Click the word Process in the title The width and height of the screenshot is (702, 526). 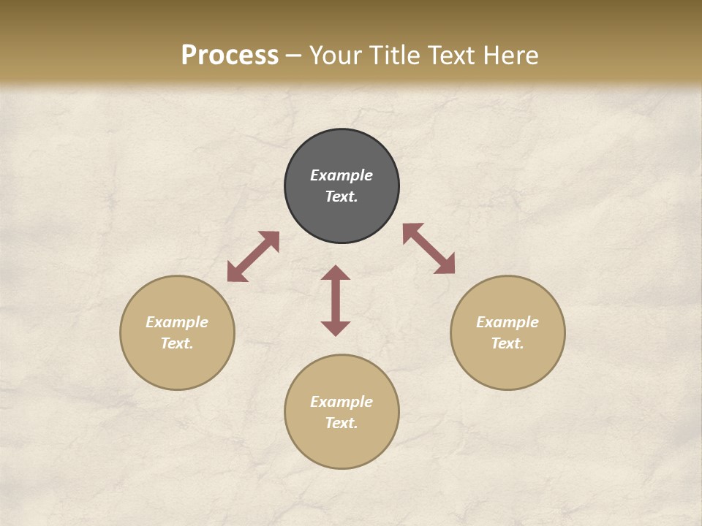pyautogui.click(x=230, y=56)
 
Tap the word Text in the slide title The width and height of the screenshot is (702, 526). pyautogui.click(x=457, y=56)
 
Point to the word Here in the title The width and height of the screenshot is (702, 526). pyautogui.click(x=515, y=56)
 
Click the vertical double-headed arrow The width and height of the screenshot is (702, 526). pyautogui.click(x=336, y=300)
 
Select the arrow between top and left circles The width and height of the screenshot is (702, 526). pyautogui.click(x=253, y=256)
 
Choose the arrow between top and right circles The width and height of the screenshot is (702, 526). pyautogui.click(x=429, y=248)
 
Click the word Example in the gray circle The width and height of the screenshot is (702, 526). pyautogui.click(x=341, y=175)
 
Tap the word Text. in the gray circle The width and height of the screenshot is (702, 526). pyautogui.click(x=341, y=197)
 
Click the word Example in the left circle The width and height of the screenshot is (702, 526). pyautogui.click(x=177, y=322)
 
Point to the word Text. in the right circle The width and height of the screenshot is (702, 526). pyautogui.click(x=507, y=343)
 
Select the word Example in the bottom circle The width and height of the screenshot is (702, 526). pyautogui.click(x=341, y=402)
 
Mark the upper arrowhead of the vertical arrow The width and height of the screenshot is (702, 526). pyautogui.click(x=336, y=273)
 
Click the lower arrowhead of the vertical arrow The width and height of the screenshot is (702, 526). pyautogui.click(x=336, y=328)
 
